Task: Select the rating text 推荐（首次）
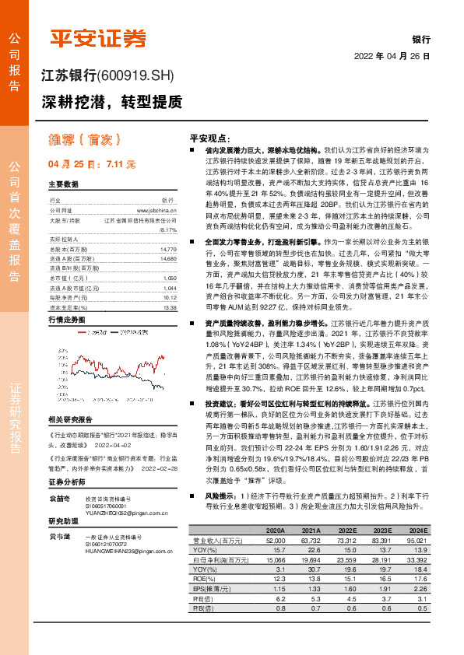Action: pos(83,139)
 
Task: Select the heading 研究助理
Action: pos(65,521)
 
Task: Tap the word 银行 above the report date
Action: pos(421,39)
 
